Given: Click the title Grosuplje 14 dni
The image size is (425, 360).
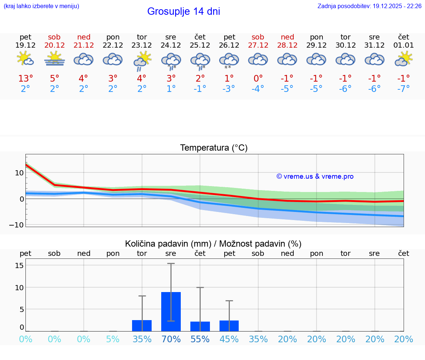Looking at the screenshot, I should coord(183,11).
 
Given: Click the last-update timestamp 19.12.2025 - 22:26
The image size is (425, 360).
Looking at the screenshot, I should coord(397,6).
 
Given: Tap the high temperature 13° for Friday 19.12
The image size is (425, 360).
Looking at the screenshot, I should coord(25,79).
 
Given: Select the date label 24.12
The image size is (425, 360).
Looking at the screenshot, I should coord(170,45).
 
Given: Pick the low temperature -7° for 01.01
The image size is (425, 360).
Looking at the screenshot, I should coord(403,89).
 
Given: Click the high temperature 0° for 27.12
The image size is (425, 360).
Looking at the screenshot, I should coord(258,79).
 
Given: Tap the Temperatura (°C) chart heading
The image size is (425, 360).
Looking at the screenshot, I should coord(214,148).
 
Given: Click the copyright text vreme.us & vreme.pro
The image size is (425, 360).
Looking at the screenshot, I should coord(315,176).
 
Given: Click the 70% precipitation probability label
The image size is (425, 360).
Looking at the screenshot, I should coord(171,339).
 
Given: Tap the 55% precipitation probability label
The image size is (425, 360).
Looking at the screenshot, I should coord(200,339).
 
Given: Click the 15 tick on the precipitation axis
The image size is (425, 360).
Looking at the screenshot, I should coord(20,265).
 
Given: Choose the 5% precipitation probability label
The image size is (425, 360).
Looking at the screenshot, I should coord(113,339).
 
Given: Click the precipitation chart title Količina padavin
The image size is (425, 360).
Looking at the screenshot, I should coord(168,244).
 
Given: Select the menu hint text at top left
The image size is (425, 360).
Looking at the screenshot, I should coord(41,6).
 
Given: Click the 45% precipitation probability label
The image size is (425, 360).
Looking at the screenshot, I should coord(229,339).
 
